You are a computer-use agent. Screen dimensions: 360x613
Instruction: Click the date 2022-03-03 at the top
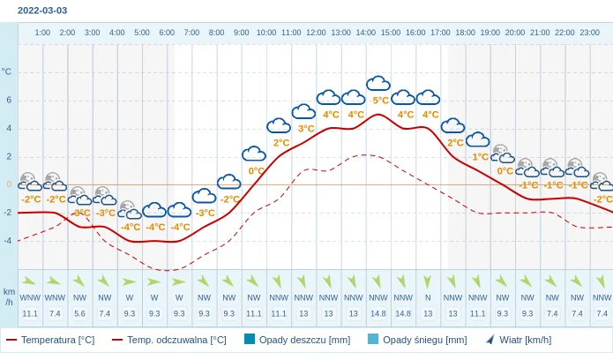point(41,11)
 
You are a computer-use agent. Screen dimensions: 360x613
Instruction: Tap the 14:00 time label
point(365,33)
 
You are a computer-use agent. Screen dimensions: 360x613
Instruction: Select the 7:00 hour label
point(191,33)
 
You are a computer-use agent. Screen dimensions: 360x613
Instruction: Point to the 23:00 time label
point(589,33)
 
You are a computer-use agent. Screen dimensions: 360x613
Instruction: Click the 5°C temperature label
point(380,101)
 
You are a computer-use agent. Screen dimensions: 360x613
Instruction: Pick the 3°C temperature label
point(305,129)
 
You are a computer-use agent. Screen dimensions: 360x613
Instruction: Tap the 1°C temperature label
point(480,157)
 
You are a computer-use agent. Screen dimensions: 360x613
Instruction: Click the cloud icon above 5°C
point(378,84)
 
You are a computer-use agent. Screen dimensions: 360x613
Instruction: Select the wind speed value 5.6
point(80,313)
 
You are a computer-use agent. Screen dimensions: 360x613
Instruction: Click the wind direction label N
point(428,297)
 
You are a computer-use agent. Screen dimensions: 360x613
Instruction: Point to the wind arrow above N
point(428,281)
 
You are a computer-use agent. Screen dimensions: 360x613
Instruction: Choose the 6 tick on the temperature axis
point(9,100)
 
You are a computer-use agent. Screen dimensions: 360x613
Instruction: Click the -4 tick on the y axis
point(7,240)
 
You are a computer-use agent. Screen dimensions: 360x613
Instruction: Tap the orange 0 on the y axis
point(9,184)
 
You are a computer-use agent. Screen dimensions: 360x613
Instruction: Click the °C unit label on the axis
point(7,71)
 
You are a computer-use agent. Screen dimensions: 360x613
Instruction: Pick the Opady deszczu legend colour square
point(250,339)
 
